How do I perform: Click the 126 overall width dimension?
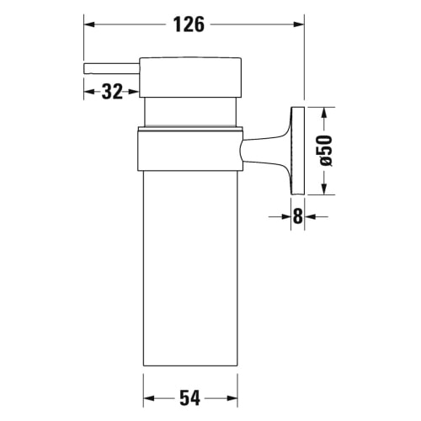coord(189,24)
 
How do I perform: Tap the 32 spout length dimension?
coord(112,92)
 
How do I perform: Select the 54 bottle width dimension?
coord(190,398)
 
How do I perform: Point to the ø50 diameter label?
coord(326,151)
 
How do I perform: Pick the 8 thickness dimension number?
coord(298,216)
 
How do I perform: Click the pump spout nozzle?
coord(112,69)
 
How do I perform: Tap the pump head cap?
coord(190,77)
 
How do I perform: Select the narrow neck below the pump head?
coord(190,112)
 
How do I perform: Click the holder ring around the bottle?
coord(190,149)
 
